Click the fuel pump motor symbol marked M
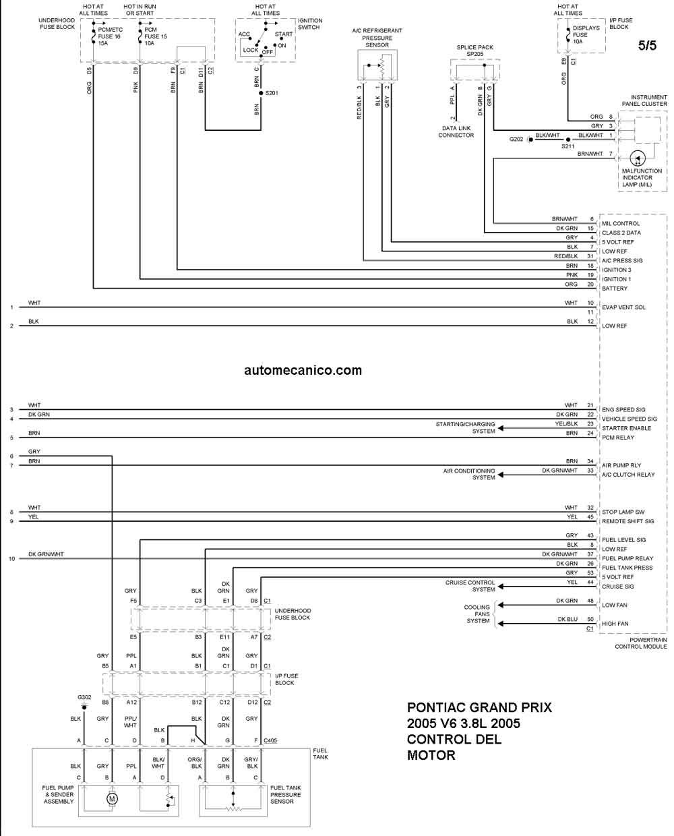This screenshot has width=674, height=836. (x=113, y=799)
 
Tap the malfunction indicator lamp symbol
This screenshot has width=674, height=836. (x=638, y=158)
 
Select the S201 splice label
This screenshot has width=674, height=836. (x=272, y=93)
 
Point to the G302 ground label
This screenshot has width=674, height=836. (x=84, y=697)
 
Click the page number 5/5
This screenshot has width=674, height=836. (x=647, y=45)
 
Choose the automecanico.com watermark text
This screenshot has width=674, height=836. (x=303, y=370)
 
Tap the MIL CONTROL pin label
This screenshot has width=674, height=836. (x=620, y=223)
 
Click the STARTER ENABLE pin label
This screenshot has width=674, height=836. (x=626, y=428)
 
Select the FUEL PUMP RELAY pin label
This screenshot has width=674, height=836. (x=627, y=558)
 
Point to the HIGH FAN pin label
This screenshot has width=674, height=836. (x=615, y=624)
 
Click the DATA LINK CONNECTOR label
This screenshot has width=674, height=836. (x=456, y=131)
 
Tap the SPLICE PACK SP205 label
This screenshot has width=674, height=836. (x=474, y=51)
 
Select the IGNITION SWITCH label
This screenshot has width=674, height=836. (x=310, y=24)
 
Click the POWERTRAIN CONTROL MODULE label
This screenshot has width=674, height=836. (x=641, y=643)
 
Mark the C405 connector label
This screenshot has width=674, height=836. (x=270, y=740)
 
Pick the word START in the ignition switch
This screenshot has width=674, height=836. (x=284, y=34)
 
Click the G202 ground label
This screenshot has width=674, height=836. (x=516, y=139)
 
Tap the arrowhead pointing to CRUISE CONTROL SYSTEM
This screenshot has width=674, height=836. (x=501, y=586)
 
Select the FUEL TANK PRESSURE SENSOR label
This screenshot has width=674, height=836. (x=286, y=794)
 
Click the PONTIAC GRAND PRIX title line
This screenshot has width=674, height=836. (x=479, y=707)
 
